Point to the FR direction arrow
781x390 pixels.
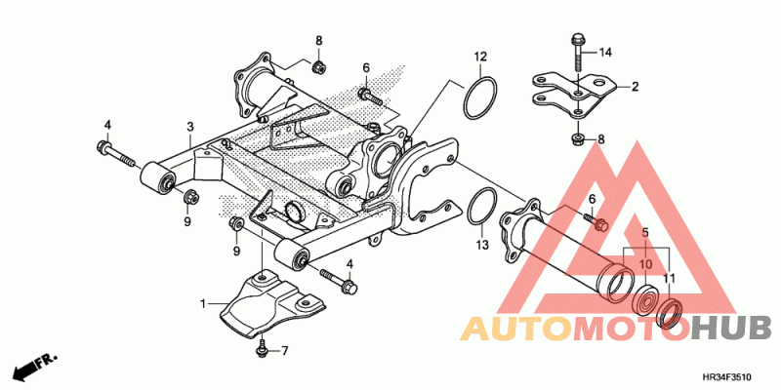coord(33,367)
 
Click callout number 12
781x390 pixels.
coord(480,57)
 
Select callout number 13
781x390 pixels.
coord(480,246)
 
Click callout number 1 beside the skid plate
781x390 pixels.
coord(205,304)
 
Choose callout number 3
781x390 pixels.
coord(191,127)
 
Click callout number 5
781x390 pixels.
coord(644,231)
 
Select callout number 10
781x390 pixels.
coord(644,265)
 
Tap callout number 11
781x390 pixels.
coord(670,278)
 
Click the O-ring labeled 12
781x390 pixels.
coord(480,100)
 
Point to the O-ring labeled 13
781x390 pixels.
coord(479,208)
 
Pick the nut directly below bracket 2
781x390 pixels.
coord(578,140)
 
